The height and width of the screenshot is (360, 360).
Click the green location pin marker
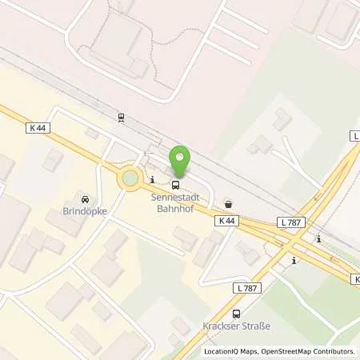tap(180, 159)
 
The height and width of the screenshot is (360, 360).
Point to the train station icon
tap(121, 118)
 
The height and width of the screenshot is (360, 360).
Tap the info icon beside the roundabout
tap(151, 180)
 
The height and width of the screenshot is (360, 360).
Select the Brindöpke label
tap(84, 213)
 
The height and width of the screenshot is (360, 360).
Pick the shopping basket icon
tap(230, 203)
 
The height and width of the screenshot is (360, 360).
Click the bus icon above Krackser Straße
tap(236, 314)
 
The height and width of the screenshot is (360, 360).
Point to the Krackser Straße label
tap(236, 328)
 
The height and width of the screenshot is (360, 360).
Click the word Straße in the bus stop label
tap(255, 328)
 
